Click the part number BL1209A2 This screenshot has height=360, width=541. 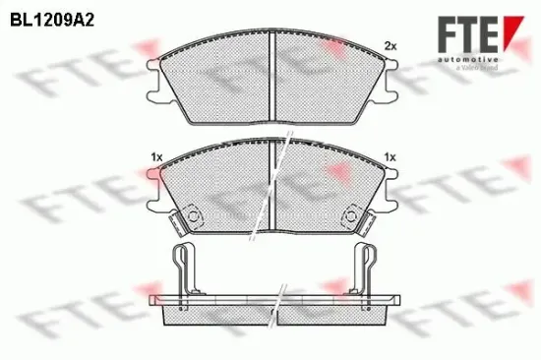click(53, 18)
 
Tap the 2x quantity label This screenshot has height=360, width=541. click(389, 46)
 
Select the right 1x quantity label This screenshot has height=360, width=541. click(390, 157)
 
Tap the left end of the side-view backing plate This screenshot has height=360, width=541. click(150, 299)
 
